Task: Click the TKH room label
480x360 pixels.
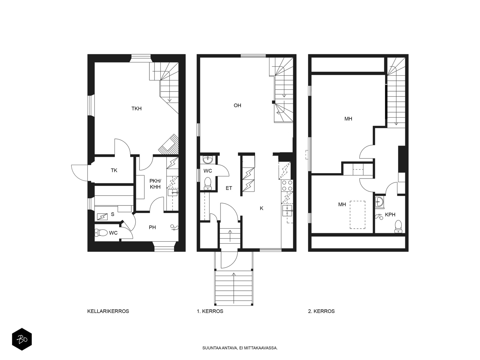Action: pos(136,109)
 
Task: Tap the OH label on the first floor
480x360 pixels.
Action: pos(237,105)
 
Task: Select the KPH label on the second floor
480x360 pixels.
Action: pos(390,214)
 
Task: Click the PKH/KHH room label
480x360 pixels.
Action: pos(155,184)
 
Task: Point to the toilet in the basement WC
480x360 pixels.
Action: pos(101,232)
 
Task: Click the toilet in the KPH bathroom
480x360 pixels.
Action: pos(398,226)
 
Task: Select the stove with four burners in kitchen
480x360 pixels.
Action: pos(287,185)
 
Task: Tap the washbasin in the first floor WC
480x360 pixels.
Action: pos(208,160)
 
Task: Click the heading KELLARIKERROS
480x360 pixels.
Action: pos(108,311)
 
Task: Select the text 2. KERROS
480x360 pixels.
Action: pos(321,311)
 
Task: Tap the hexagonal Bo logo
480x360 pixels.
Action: pos(22,340)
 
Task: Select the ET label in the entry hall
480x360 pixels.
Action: pos(229,188)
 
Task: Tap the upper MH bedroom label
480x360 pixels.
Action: pos(348,119)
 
